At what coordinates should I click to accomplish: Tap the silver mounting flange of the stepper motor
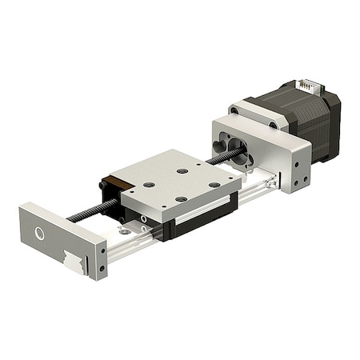[258, 112]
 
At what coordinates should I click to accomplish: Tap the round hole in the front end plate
[39, 234]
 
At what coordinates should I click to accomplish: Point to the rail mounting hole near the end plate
[125, 232]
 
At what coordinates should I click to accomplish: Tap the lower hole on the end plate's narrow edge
[102, 268]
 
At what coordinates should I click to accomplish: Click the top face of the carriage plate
[176, 180]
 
